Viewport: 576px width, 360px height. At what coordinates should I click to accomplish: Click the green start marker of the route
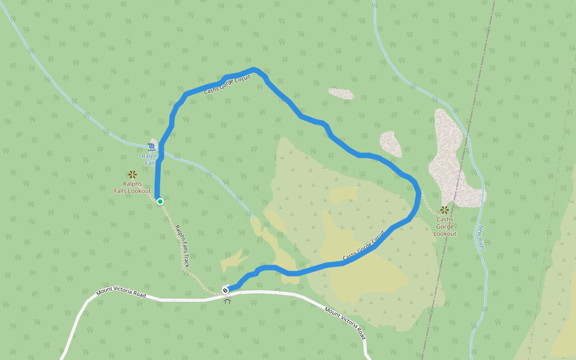pyautogui.click(x=160, y=202)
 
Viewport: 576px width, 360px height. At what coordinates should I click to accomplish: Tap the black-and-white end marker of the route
pyautogui.click(x=226, y=290)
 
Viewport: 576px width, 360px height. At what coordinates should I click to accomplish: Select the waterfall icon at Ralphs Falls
pyautogui.click(x=151, y=146)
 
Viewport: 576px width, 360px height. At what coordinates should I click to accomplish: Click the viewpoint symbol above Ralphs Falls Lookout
pyautogui.click(x=133, y=175)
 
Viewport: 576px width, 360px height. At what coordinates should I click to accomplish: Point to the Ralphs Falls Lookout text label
pyautogui.click(x=133, y=187)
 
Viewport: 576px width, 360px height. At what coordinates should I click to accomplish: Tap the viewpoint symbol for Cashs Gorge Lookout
pyautogui.click(x=445, y=210)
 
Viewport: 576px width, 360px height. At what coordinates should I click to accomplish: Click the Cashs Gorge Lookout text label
pyautogui.click(x=445, y=226)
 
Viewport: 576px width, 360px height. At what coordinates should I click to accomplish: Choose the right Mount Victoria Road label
pyautogui.click(x=345, y=322)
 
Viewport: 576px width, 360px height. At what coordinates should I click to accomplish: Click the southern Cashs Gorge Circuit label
pyautogui.click(x=364, y=246)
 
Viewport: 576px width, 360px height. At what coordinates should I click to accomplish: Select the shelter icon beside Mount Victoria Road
pyautogui.click(x=227, y=300)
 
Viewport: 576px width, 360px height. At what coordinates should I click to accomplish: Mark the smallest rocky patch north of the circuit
pyautogui.click(x=341, y=94)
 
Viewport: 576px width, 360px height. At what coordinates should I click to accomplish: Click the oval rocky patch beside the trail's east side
pyautogui.click(x=391, y=144)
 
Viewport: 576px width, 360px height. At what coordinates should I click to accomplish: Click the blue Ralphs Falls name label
pyautogui.click(x=149, y=160)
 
